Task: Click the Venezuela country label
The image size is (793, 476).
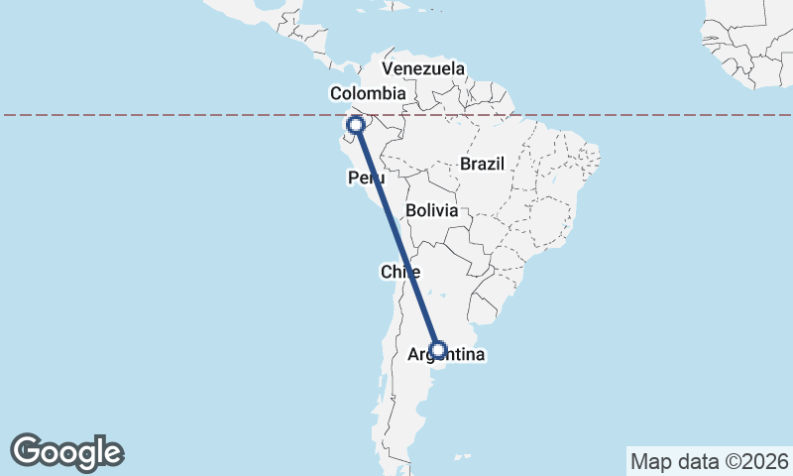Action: pos(423,68)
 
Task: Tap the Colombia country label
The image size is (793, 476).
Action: pos(368,93)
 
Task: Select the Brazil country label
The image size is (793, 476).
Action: pos(482,164)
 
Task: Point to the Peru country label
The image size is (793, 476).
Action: pos(366,178)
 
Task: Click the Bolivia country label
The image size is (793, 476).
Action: pos(431,210)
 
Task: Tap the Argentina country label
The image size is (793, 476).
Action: pos(445,354)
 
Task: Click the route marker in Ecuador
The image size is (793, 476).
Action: pos(355,125)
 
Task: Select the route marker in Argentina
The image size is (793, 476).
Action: pos(438,350)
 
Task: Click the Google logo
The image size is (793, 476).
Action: pos(67,452)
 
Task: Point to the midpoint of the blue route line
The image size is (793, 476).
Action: pos(396,238)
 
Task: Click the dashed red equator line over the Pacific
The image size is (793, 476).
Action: pos(149,115)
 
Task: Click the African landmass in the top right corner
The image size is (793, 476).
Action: pos(753,40)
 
